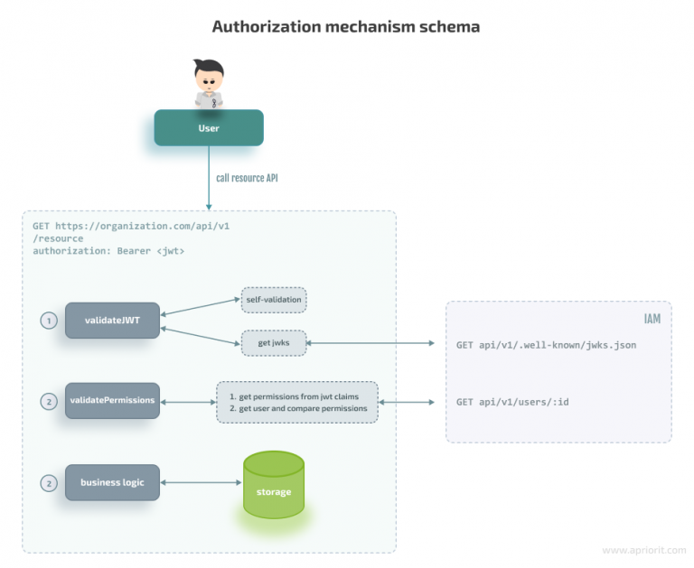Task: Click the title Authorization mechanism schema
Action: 346,27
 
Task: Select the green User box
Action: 209,128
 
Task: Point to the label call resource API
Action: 247,178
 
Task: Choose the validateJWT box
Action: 112,321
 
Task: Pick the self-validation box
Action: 273,299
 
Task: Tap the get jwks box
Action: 273,344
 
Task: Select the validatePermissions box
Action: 112,400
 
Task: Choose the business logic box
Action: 112,482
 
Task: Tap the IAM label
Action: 651,319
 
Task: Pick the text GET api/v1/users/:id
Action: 512,401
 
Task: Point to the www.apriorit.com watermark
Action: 641,549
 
